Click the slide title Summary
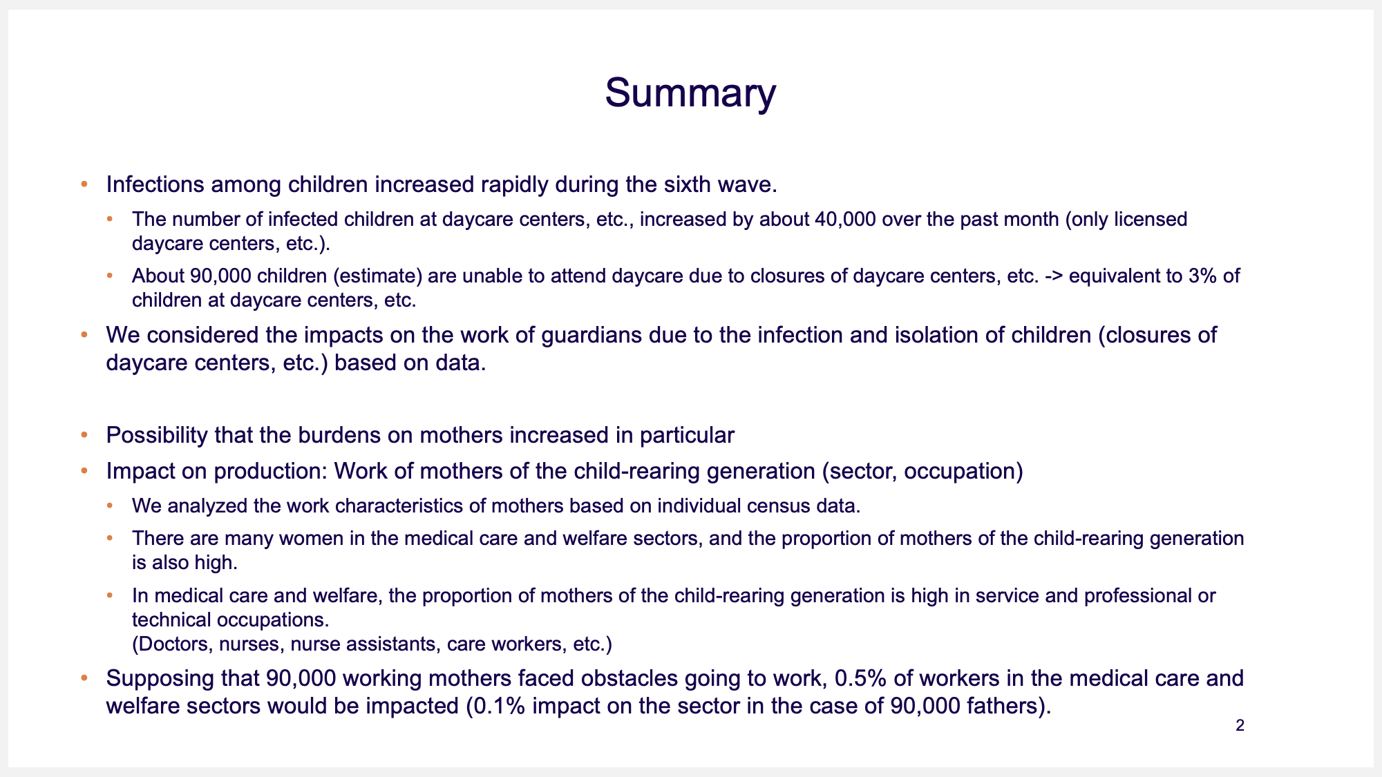[690, 93]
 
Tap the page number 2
[1240, 726]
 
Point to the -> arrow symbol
[1054, 277]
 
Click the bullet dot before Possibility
[84, 436]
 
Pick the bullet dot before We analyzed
[110, 506]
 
